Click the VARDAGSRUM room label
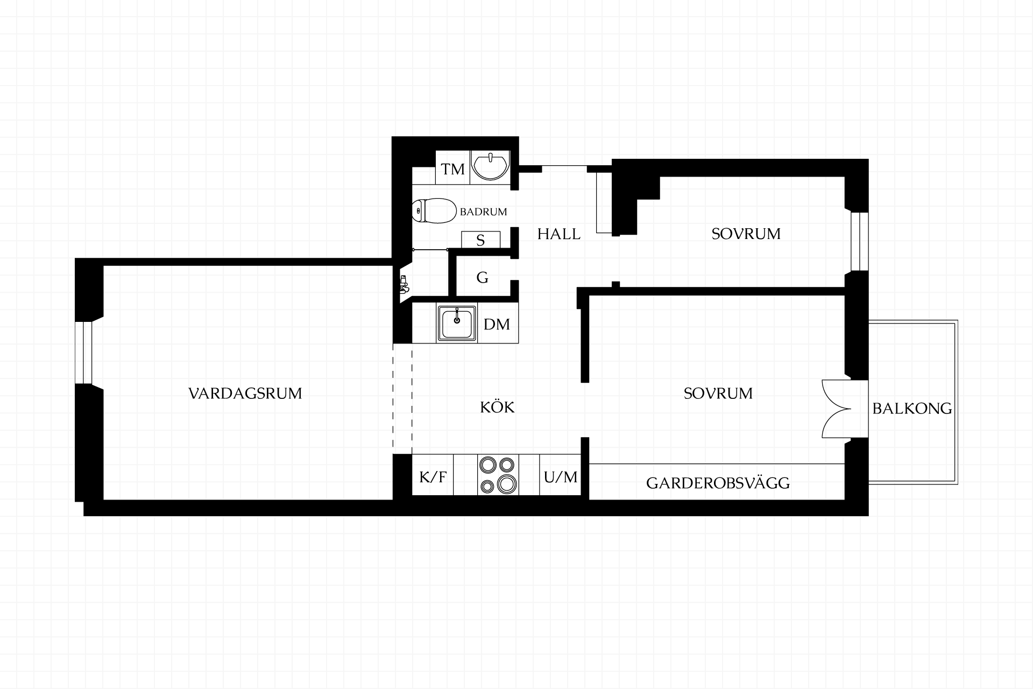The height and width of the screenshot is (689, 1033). coord(245,393)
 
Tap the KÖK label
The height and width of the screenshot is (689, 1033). coord(497,407)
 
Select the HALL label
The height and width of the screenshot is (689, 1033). coord(559,234)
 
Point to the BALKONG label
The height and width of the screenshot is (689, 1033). coord(912,409)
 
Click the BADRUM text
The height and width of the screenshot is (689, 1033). coord(483,212)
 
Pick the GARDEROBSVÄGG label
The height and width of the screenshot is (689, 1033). coord(718,483)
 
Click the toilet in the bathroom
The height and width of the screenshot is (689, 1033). coord(434,211)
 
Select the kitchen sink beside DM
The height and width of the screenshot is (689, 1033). coord(457,323)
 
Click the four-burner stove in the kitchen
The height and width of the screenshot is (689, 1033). coord(498,475)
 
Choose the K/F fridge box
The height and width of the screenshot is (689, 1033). coord(433,475)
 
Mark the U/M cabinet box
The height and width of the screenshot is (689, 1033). coord(561,475)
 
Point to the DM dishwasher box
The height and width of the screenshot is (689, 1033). coord(497,323)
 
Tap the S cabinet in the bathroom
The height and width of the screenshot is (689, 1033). coord(480,240)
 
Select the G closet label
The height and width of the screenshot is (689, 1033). coord(483,278)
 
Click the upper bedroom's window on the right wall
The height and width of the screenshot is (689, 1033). coord(860,241)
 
